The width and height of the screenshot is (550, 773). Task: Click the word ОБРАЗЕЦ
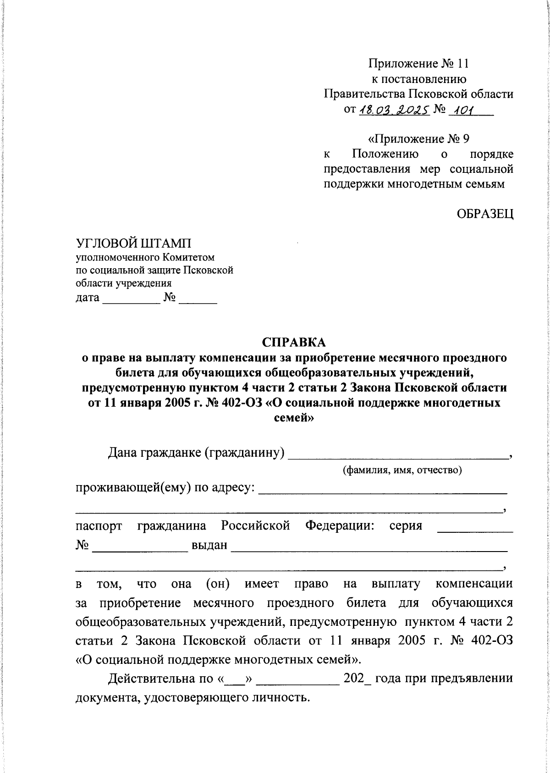(484, 213)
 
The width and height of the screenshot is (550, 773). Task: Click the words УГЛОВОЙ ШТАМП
(134, 242)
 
